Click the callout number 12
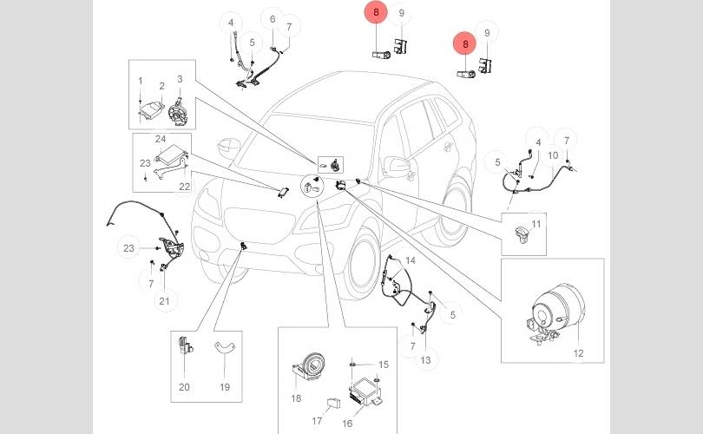point(578,352)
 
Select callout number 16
point(347,424)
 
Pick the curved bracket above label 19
point(226,349)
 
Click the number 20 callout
point(184,387)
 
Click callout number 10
point(553,155)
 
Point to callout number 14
point(411,260)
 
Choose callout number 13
point(425,360)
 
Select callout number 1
point(140,81)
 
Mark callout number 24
point(161,138)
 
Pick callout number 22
point(184,186)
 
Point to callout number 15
point(384,364)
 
